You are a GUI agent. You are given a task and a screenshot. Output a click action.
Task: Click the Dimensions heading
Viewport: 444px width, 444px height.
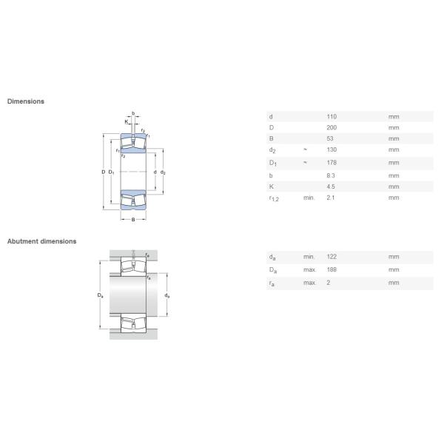coord(26,101)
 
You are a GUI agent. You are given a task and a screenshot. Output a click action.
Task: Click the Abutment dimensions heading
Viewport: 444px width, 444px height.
coord(42,241)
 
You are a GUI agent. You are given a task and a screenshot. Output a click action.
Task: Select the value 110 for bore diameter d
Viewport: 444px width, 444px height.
coord(332,117)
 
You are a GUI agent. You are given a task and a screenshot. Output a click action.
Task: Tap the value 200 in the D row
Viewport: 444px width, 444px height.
coord(332,128)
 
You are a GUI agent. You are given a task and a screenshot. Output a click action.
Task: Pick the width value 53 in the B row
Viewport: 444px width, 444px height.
coord(330,139)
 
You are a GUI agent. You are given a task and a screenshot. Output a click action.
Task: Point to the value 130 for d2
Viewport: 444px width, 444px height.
coord(332,149)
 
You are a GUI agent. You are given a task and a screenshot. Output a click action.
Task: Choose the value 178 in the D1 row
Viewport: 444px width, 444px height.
coord(332,163)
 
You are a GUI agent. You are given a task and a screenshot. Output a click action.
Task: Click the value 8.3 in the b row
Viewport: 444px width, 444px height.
coord(331,175)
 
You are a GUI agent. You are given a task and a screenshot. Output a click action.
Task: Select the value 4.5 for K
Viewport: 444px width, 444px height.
coord(331,186)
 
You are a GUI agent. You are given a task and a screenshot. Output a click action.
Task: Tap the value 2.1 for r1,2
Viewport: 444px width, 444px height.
coord(331,198)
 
